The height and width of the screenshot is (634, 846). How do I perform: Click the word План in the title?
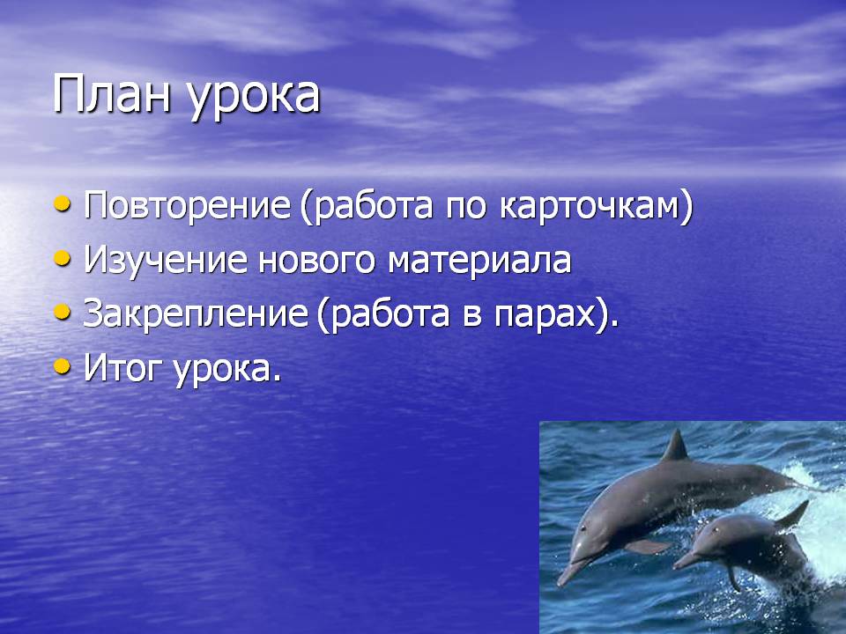click(x=112, y=94)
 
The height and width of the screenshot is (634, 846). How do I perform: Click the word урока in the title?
click(x=254, y=100)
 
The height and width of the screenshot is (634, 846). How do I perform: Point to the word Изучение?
click(x=166, y=261)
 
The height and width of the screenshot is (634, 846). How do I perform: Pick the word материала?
click(x=479, y=261)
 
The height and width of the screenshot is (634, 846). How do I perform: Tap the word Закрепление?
click(x=196, y=314)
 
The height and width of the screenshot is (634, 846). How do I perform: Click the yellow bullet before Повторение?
click(x=63, y=203)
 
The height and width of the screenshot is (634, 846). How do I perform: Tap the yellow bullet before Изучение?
click(x=63, y=258)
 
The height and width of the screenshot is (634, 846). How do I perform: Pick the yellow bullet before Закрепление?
click(x=63, y=312)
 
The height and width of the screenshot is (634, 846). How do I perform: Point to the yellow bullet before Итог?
click(x=63, y=366)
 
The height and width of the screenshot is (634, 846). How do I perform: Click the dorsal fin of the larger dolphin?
click(x=675, y=446)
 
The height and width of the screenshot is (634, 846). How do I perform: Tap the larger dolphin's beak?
click(x=572, y=572)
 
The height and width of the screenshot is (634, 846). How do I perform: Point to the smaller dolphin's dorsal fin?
click(x=792, y=514)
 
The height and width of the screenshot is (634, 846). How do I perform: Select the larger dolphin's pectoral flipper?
click(x=649, y=546)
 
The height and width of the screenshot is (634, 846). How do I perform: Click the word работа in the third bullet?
click(x=390, y=315)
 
